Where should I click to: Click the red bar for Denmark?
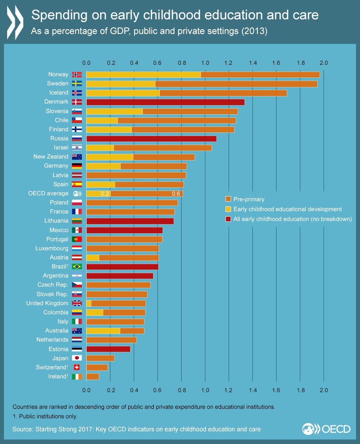click(x=165, y=102)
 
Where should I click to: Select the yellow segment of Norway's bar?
click(x=143, y=74)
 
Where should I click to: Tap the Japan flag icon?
click(x=77, y=358)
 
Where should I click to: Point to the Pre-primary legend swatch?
click(x=228, y=199)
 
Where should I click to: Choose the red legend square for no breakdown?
click(x=228, y=219)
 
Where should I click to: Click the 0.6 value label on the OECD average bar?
click(x=176, y=194)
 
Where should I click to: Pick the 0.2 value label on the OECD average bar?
click(x=105, y=194)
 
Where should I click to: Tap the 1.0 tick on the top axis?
click(x=205, y=63)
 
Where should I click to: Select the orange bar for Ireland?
click(x=93, y=376)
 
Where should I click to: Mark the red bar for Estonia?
click(x=108, y=349)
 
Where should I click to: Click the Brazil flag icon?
click(x=77, y=266)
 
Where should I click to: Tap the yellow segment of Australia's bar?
click(x=103, y=331)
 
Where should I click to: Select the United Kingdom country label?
click(x=47, y=303)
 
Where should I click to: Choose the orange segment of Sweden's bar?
click(x=236, y=84)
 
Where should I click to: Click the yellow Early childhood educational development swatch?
click(x=228, y=209)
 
